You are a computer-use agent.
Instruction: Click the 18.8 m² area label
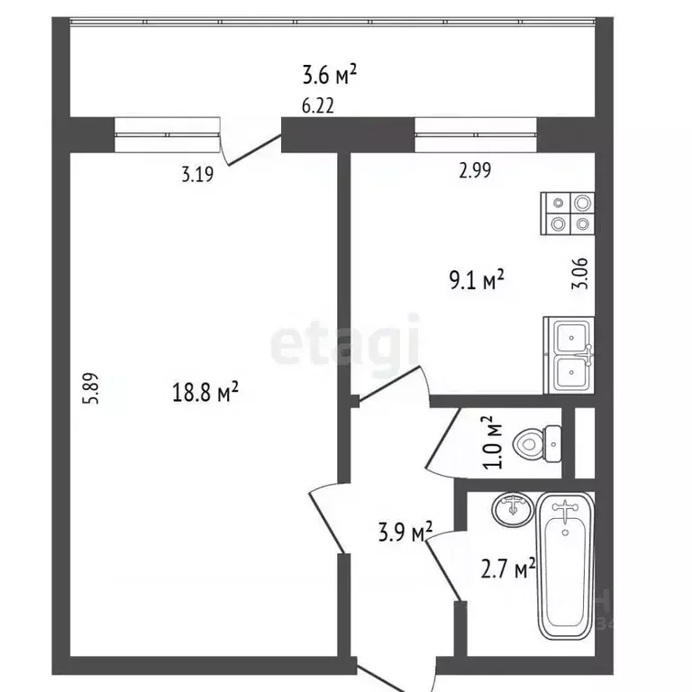[205, 392]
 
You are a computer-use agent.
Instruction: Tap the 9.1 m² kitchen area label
[477, 280]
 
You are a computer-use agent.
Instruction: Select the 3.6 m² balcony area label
[329, 74]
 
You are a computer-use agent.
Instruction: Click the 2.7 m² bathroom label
[508, 569]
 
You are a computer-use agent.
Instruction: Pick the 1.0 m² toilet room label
[493, 442]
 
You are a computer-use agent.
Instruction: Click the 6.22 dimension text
[318, 106]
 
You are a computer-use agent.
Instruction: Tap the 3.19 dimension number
[197, 174]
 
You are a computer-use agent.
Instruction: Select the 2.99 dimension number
[475, 170]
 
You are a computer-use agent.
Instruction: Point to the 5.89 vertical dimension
[93, 388]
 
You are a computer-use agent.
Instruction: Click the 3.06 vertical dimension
[580, 273]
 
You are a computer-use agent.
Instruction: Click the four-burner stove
[568, 214]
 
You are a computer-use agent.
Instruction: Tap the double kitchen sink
[569, 355]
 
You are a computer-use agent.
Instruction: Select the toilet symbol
[538, 443]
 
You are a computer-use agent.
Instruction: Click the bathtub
[566, 566]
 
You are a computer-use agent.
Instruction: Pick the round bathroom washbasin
[513, 509]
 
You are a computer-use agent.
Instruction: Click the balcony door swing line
[254, 151]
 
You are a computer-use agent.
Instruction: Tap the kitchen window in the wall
[476, 134]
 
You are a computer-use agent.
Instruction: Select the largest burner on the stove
[583, 204]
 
